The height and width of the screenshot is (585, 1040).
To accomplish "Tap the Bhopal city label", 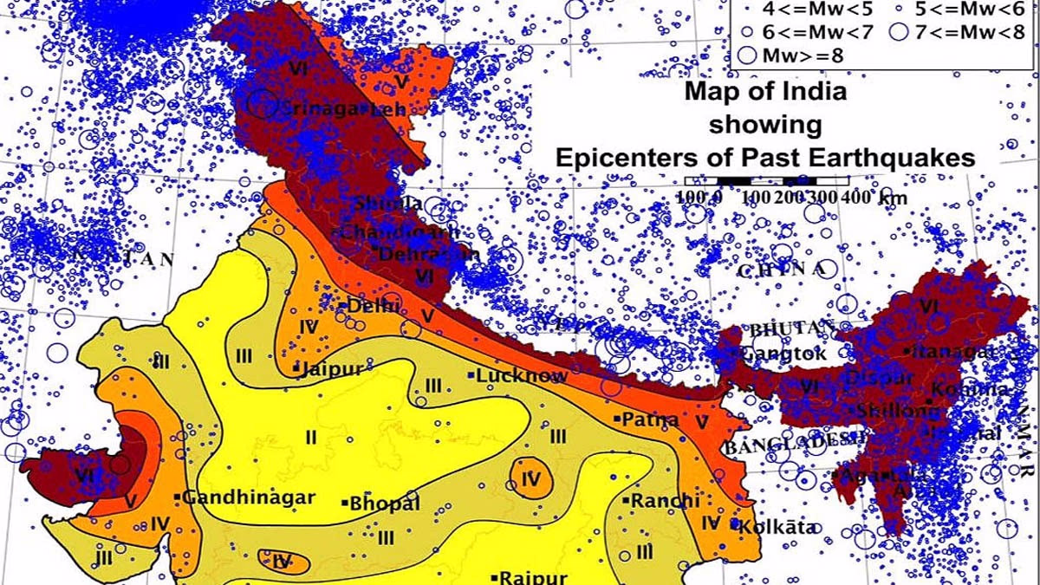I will [x=385, y=504].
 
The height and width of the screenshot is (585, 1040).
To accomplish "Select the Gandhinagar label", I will [x=248, y=498].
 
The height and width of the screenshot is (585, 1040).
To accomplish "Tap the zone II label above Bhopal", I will [x=310, y=437].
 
